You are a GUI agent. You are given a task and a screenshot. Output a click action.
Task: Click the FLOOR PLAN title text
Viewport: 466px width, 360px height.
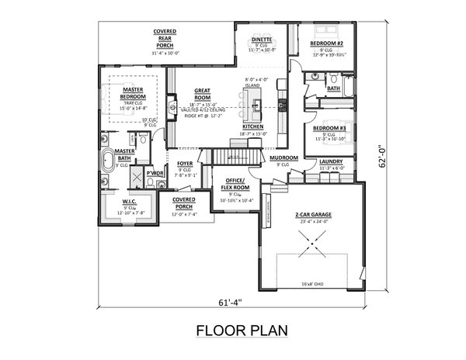pyautogui.click(x=241, y=331)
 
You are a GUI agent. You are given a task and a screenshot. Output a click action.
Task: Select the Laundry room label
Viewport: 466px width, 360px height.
pyautogui.click(x=332, y=161)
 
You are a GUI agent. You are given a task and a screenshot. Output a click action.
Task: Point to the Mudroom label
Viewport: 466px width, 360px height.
pyautogui.click(x=284, y=157)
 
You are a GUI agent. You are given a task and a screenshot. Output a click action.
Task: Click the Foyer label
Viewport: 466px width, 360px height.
pyautogui.click(x=185, y=164)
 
